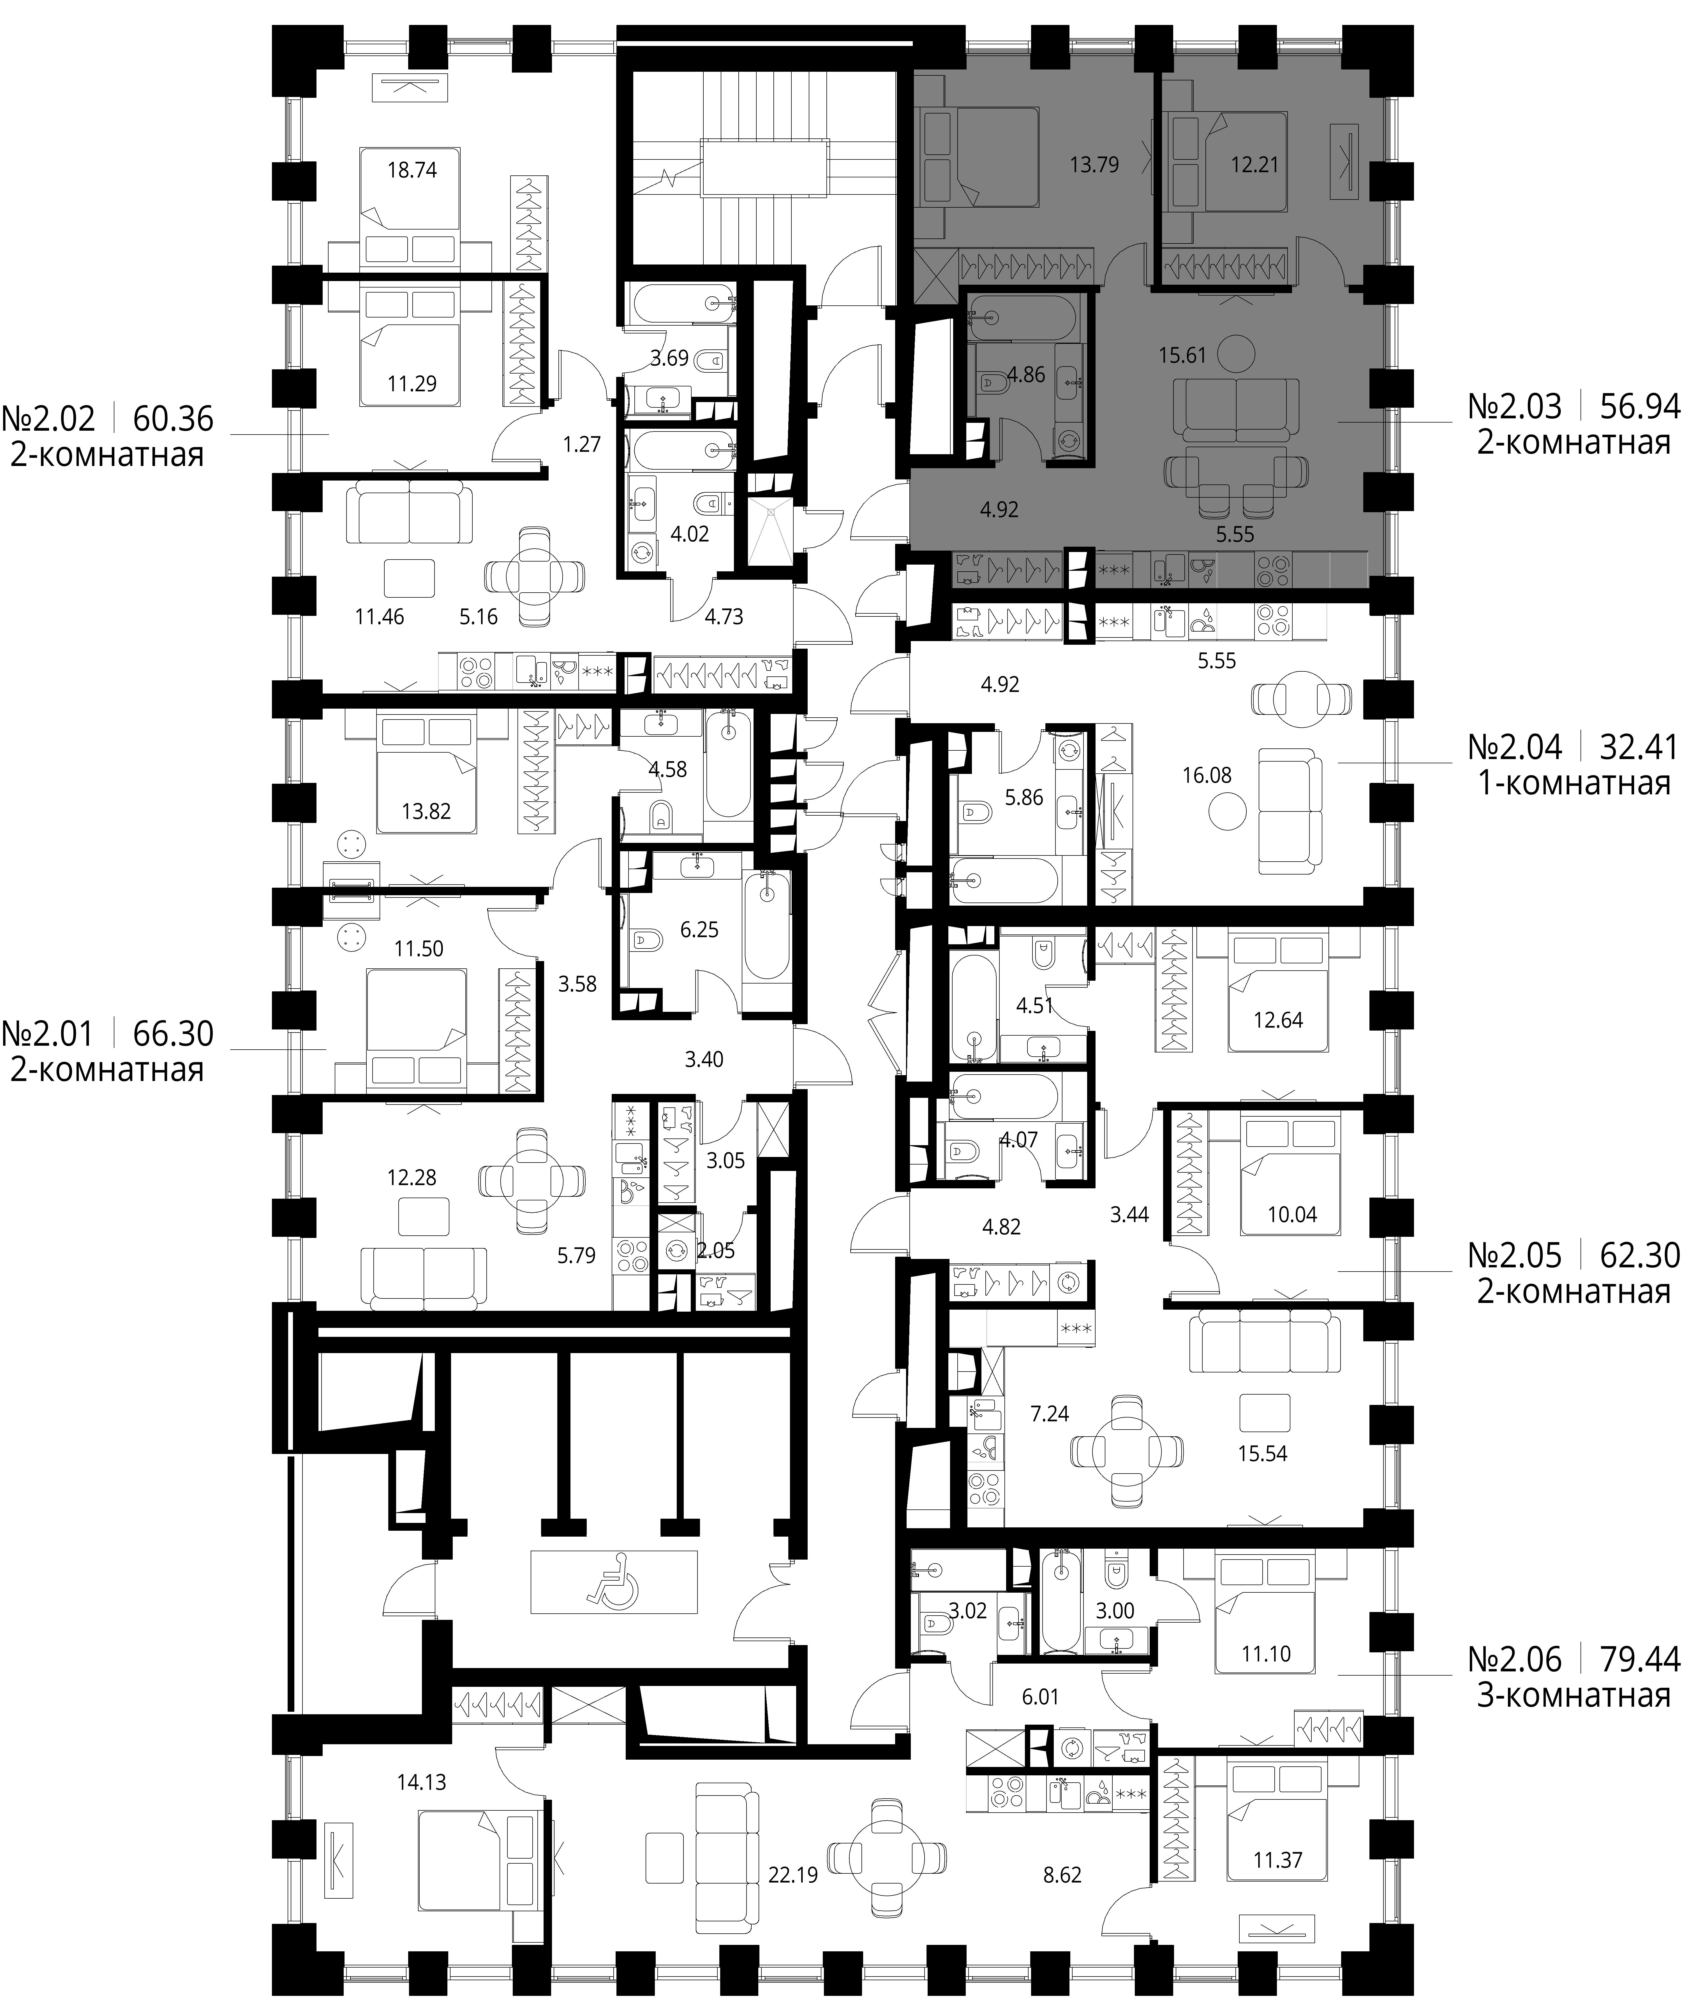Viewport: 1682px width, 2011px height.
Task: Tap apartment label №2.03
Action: tap(1514, 407)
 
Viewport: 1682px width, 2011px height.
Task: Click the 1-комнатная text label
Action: tap(1574, 784)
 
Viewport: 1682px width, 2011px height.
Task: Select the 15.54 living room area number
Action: tap(1262, 1453)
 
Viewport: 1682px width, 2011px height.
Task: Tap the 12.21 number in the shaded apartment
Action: tap(1255, 165)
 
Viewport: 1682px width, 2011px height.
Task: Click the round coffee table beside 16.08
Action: tap(1227, 815)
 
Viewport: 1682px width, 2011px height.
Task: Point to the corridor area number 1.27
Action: tap(581, 444)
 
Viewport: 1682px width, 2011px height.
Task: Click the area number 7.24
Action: tap(1050, 1413)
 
